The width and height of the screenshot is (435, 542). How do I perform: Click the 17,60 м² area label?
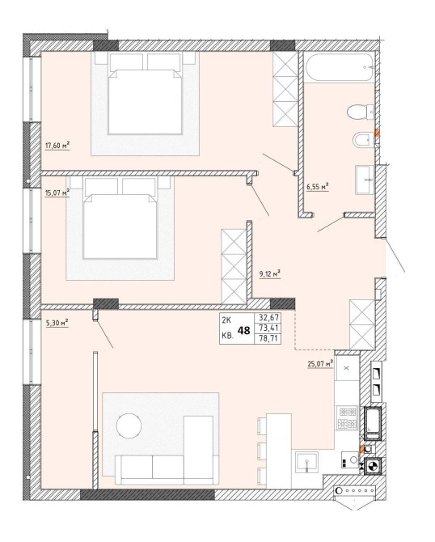pos(57,146)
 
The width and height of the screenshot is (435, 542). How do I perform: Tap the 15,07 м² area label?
pos(57,193)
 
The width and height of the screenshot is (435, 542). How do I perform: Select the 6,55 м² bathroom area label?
pos(318,187)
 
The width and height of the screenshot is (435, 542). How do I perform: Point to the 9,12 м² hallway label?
pos(269,274)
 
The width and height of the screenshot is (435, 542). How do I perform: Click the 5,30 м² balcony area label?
pos(57,323)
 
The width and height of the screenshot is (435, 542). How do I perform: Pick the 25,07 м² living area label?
pos(320,364)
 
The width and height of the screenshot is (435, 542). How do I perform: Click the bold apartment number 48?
pos(244,331)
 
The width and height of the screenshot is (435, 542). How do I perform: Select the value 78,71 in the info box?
pos(268,339)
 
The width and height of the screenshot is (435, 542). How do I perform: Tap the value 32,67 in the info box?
pos(268,317)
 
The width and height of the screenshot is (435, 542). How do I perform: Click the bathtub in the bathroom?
pos(340,67)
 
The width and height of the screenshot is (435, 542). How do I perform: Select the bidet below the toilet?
pos(363,140)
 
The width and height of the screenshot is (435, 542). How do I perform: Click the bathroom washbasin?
pos(365,180)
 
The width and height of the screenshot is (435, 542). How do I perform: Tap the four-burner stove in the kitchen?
pos(348,417)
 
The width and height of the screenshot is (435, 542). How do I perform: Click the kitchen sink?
pos(306,462)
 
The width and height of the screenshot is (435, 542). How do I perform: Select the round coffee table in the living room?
pos(129,426)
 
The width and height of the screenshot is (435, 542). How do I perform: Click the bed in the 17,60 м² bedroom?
pos(146,93)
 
